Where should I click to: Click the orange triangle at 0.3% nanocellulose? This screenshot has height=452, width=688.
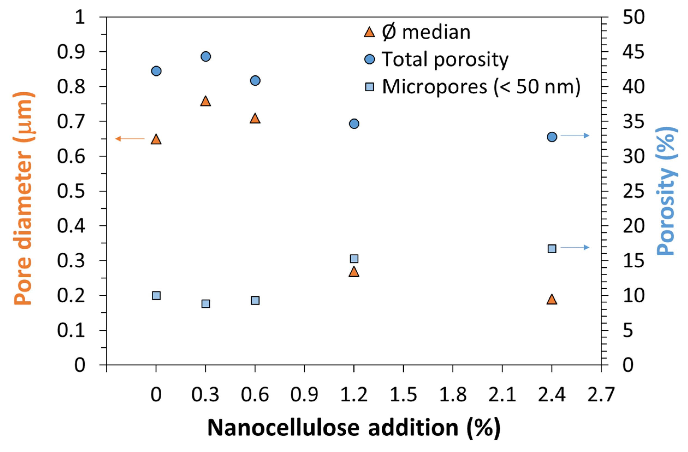205,102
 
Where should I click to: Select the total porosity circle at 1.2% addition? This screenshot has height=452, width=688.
354,124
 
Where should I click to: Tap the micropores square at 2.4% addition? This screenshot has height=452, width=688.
552,249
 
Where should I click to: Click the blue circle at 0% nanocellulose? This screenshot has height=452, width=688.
156,71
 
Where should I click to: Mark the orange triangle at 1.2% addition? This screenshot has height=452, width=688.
354,272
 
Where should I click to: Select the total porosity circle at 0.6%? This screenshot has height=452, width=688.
255,81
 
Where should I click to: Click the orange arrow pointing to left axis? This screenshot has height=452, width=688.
130,139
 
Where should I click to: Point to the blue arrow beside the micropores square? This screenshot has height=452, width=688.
575,247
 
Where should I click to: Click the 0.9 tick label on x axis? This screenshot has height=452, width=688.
304,395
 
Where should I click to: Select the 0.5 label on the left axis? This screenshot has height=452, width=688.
71,191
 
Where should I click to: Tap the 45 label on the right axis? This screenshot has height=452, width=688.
633,52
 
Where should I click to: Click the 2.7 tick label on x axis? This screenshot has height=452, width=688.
601,395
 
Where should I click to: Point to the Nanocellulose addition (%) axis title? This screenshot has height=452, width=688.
354,428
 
